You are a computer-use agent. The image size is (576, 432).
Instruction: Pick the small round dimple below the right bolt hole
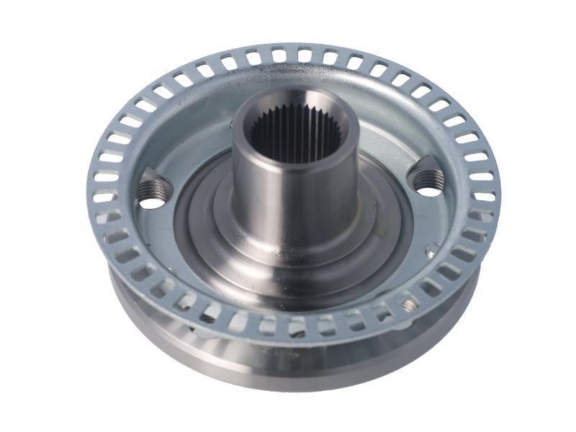[x=432, y=251]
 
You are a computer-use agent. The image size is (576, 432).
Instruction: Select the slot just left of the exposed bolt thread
[x=389, y=311]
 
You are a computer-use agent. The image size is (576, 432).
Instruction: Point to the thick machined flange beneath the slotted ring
[x=288, y=367]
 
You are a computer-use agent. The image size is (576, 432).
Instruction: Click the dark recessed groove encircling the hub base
[x=194, y=238]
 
